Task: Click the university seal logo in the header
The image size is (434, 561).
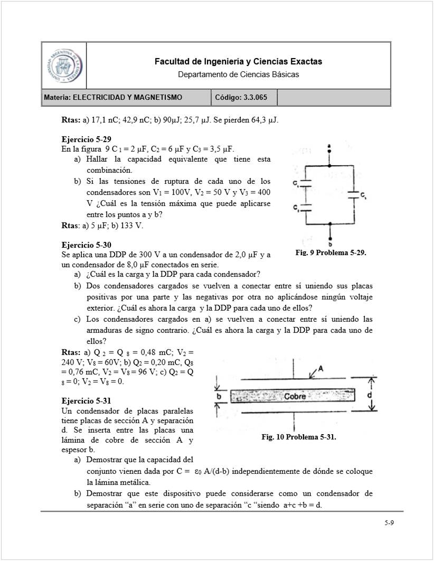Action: [63, 66]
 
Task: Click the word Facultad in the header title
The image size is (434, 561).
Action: [171, 62]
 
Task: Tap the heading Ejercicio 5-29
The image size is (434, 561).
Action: [86, 140]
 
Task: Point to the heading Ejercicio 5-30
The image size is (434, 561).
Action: [86, 245]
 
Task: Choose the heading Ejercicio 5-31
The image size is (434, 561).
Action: [86, 401]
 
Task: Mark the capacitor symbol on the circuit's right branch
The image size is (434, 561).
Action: [354, 195]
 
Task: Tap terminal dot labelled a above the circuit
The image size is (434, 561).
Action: [329, 151]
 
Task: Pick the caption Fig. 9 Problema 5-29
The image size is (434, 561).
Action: [331, 253]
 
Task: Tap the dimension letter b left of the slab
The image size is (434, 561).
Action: [218, 395]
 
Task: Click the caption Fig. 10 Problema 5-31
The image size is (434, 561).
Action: [299, 437]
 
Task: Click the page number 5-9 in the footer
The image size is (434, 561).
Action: [389, 523]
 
